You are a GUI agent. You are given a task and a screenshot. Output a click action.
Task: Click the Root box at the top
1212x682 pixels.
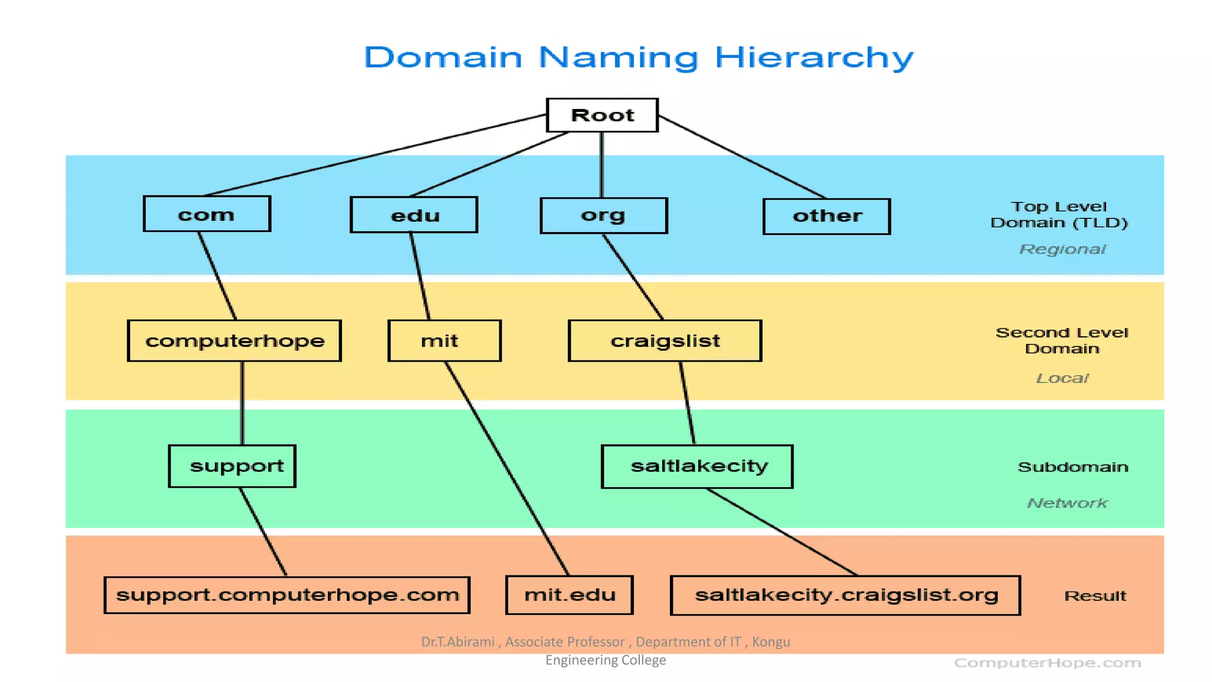(602, 115)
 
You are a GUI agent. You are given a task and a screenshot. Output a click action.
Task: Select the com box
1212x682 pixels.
(207, 214)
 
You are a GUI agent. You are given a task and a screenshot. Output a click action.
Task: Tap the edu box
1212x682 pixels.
(414, 215)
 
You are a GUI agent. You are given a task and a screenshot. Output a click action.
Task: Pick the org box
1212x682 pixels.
(603, 215)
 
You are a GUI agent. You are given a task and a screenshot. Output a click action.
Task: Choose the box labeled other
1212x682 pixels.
(826, 216)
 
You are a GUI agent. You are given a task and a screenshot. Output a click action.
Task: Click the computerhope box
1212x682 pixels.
(234, 340)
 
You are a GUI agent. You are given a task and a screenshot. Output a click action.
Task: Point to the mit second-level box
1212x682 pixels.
(444, 340)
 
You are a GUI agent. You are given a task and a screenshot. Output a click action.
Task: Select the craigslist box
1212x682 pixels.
(665, 340)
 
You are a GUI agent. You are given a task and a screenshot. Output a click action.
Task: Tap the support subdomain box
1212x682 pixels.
(232, 466)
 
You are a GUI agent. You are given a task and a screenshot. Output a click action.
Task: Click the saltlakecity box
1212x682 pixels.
(697, 467)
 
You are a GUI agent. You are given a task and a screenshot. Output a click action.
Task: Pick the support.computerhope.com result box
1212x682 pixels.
(287, 595)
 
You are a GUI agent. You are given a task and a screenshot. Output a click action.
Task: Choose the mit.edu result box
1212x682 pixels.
(569, 595)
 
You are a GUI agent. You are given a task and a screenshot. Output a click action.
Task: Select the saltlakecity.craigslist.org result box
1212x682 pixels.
(845, 595)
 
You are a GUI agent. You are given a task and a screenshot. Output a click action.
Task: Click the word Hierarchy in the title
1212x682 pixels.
(814, 58)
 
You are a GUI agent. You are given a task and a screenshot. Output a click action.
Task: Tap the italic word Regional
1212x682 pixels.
(1062, 249)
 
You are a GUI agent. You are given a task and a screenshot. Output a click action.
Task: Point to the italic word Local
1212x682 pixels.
(1062, 378)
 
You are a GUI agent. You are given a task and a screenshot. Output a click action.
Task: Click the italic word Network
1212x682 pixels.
(1066, 503)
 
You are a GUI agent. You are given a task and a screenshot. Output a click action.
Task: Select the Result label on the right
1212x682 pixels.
(1095, 596)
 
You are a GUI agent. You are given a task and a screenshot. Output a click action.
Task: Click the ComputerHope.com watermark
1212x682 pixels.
(1047, 663)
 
